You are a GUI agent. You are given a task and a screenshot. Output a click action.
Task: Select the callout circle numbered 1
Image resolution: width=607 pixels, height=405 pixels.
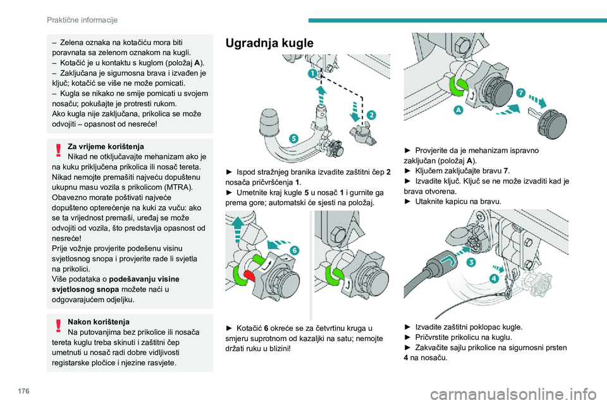[312, 74]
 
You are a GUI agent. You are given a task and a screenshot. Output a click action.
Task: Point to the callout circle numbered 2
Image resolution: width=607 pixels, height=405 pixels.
[371, 115]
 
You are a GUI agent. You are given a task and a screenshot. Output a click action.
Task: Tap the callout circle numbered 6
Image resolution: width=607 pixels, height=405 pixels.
[295, 251]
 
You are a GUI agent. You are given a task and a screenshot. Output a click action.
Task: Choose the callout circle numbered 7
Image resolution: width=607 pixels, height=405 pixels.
[520, 92]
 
